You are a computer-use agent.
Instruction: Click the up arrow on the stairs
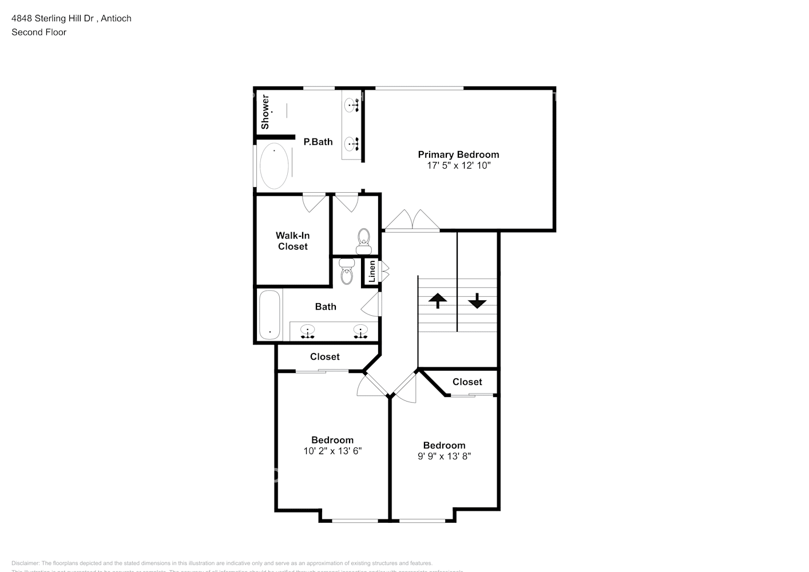pos(438,300)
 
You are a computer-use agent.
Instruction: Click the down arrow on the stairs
pos(477,300)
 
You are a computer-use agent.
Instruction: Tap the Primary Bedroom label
pos(458,154)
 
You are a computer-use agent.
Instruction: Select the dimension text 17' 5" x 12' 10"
pos(458,166)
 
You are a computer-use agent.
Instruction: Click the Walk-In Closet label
pos(293,241)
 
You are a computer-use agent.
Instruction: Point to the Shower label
pos(265,112)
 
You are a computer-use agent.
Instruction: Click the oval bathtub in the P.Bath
pos(274,165)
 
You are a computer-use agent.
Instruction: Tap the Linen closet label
pos(372,271)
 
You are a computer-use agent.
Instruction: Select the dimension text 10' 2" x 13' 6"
pos(332,451)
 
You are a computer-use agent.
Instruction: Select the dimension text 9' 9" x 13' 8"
pos(444,456)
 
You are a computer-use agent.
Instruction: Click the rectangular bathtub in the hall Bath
pos(269,315)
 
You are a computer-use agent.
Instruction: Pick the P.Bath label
pos(318,142)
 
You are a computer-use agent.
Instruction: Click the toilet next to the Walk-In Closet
pos(364,241)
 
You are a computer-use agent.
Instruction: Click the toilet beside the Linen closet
pos(347,271)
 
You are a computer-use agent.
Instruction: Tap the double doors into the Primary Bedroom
pos(412,221)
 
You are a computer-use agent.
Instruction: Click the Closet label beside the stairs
pos(467,382)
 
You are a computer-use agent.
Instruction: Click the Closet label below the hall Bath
pos(324,356)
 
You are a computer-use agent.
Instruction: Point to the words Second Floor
pos(39,32)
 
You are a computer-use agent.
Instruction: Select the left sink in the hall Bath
pos(308,331)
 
